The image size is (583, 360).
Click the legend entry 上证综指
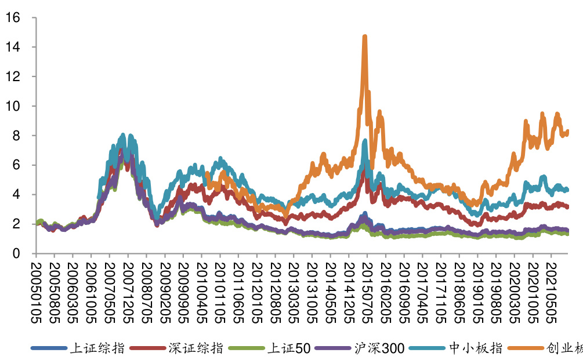click(97, 348)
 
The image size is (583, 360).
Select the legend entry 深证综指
click(195, 348)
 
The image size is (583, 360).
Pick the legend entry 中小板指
click(475, 348)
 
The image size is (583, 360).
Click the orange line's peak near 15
click(364, 37)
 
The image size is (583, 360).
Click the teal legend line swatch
click(427, 348)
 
